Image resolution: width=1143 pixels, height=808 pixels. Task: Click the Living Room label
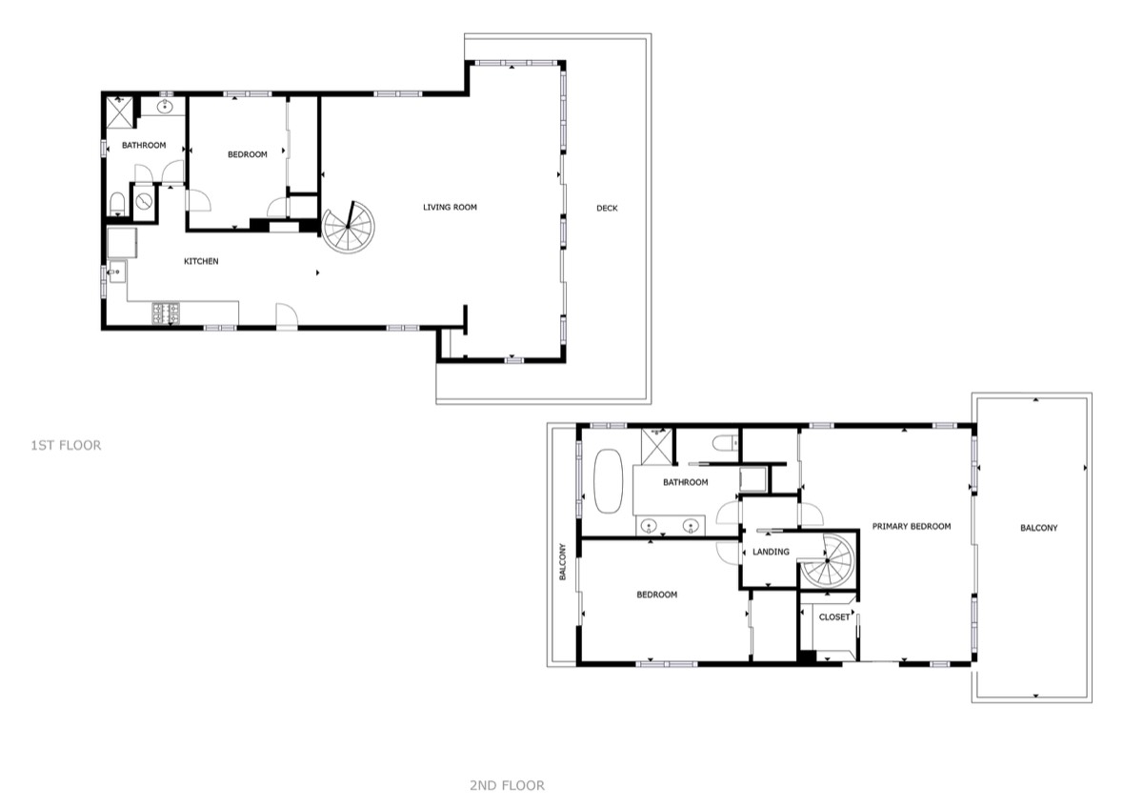click(x=450, y=207)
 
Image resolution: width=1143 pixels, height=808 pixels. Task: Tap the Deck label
click(x=607, y=209)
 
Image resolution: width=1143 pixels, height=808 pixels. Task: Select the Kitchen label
click(x=201, y=261)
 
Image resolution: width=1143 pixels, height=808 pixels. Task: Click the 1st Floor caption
click(x=67, y=445)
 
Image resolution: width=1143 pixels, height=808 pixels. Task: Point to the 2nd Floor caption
click(x=507, y=785)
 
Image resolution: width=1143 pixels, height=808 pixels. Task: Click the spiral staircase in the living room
click(x=348, y=227)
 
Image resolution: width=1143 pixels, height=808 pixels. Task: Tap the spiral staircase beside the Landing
click(x=827, y=560)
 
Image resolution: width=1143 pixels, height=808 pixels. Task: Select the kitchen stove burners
click(x=166, y=313)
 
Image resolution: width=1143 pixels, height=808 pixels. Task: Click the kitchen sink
click(x=117, y=273)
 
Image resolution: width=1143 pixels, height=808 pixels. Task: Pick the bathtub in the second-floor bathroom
click(x=609, y=481)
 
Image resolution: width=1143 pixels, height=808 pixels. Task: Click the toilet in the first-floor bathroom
click(x=117, y=204)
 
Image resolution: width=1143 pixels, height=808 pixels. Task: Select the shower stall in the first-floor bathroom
click(x=119, y=111)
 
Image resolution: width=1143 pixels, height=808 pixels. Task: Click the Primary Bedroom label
click(x=912, y=526)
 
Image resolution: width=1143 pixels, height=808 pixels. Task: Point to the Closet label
click(x=834, y=617)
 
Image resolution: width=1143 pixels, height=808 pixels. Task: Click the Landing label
click(x=771, y=552)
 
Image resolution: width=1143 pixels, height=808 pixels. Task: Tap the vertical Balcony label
click(x=563, y=561)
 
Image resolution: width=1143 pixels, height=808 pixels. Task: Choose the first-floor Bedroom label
click(x=248, y=154)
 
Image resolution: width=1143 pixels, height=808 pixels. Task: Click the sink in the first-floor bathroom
click(x=164, y=107)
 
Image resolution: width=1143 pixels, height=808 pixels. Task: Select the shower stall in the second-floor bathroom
click(x=656, y=447)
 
